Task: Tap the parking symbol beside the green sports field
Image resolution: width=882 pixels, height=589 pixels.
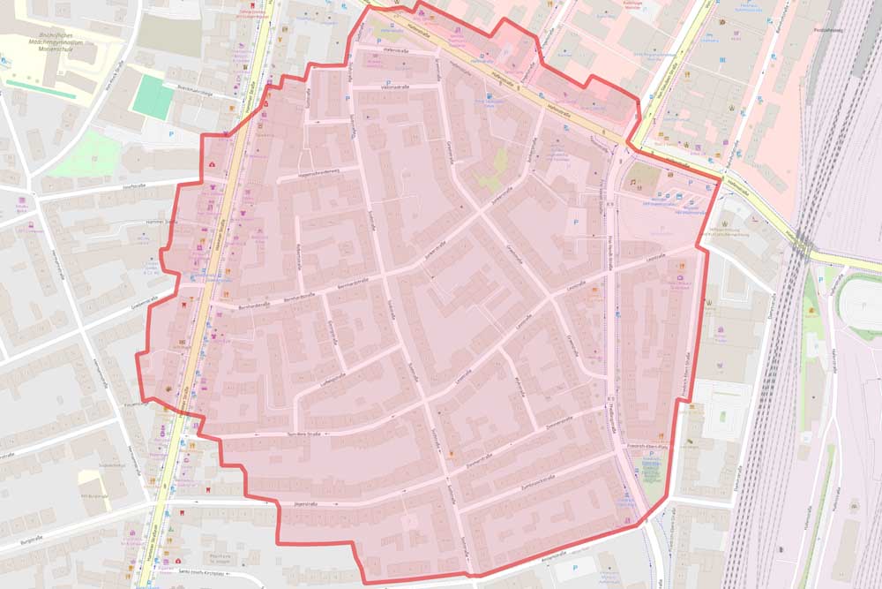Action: click(x=170, y=134)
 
